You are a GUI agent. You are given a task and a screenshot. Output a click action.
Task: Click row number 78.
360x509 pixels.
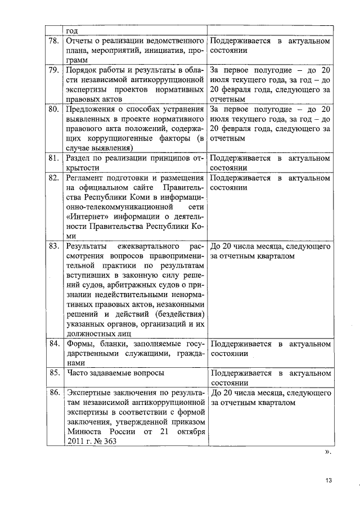click(x=54, y=42)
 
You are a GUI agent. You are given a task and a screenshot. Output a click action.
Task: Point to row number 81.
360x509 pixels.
click(x=54, y=158)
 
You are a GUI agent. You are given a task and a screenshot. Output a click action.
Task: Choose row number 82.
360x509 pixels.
click(x=54, y=178)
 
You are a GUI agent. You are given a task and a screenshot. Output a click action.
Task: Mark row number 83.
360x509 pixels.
click(x=54, y=246)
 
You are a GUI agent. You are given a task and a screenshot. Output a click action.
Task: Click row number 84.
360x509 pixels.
click(x=54, y=344)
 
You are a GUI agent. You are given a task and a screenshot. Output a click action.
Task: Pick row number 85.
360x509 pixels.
click(x=54, y=372)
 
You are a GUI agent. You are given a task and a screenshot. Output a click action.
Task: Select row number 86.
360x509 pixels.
click(x=54, y=392)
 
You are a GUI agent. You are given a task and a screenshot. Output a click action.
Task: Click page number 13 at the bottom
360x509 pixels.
click(x=329, y=480)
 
